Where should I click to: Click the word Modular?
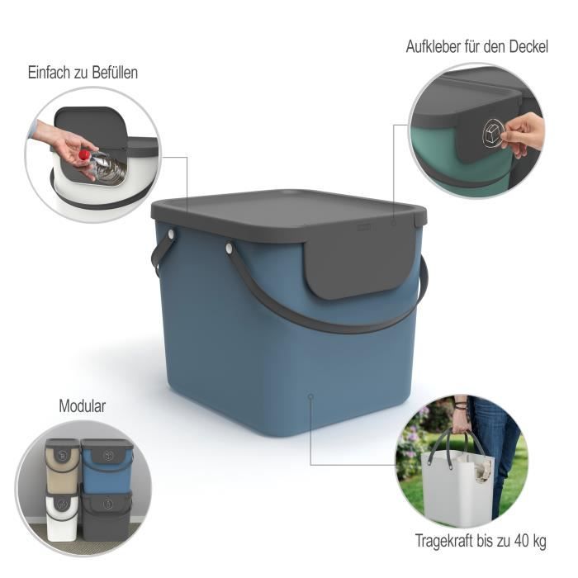pos(83,406)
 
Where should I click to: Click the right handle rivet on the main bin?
pos(229,246)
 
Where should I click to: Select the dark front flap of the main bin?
pos(361,264)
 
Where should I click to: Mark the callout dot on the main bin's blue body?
pos(310,397)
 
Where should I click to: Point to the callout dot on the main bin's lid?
pos(394,222)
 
